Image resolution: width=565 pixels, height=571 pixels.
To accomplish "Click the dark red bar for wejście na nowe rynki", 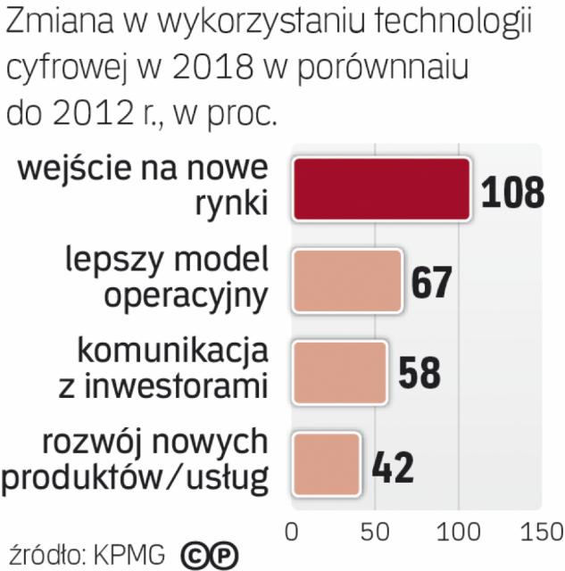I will click(x=381, y=189).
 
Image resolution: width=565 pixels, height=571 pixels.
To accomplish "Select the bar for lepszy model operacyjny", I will click(x=347, y=279).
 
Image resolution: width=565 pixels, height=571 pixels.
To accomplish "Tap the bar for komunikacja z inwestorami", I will click(x=340, y=370).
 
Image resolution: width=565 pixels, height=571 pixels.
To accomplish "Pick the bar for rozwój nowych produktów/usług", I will click(x=327, y=462).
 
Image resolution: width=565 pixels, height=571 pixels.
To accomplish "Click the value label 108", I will click(x=512, y=191).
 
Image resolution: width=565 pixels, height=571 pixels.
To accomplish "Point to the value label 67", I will click(x=432, y=281).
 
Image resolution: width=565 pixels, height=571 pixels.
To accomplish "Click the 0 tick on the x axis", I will click(x=291, y=532).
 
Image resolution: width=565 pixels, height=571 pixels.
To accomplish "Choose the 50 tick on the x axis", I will click(x=373, y=532).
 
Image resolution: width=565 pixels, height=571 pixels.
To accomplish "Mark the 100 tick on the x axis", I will click(x=458, y=532).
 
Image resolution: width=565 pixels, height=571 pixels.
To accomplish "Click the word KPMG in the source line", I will click(x=132, y=554).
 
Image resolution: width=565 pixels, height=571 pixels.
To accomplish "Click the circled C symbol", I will click(x=194, y=555).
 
